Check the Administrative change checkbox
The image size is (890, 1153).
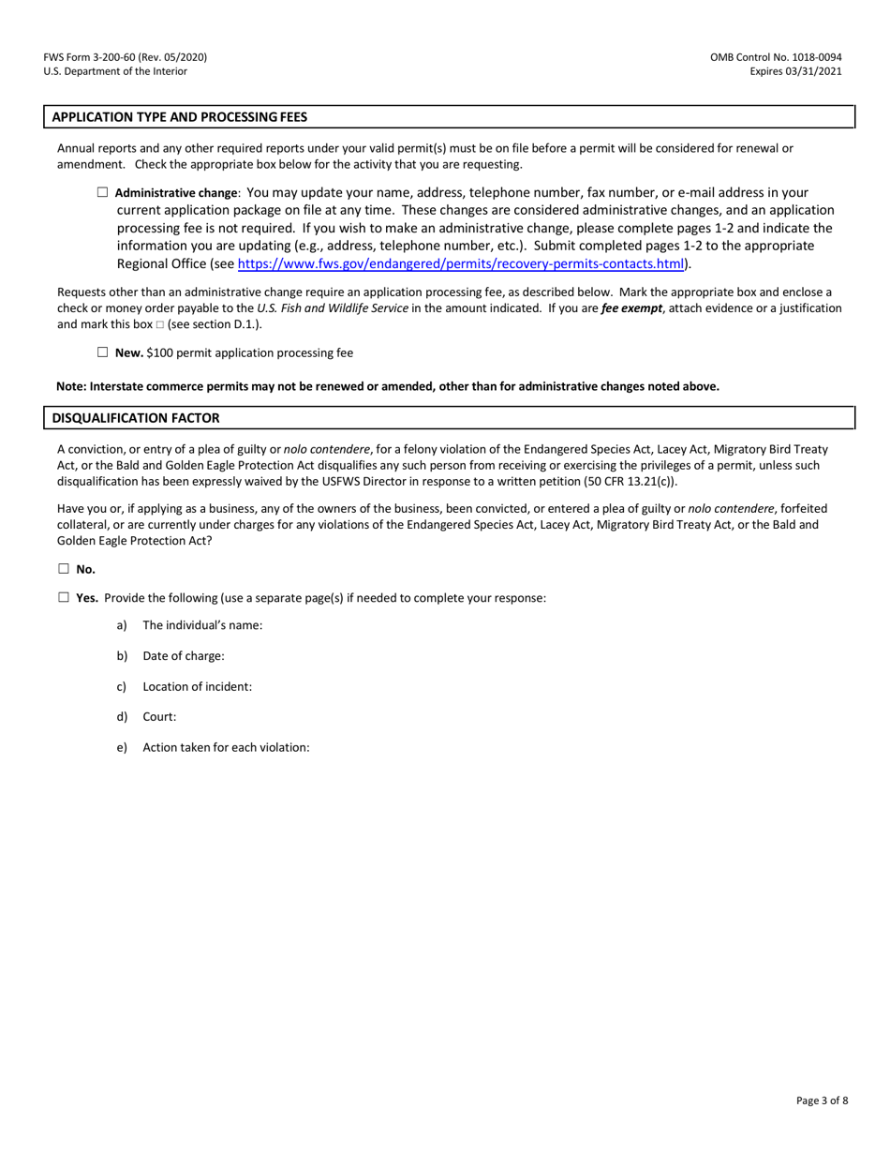(x=103, y=192)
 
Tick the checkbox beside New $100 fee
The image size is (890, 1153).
(x=103, y=352)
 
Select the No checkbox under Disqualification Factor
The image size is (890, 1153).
(x=64, y=568)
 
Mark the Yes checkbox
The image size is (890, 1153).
(x=64, y=597)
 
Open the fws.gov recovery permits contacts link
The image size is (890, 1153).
(x=460, y=263)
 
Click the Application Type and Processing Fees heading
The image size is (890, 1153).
(x=179, y=117)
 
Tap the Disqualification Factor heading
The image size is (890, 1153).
(x=136, y=418)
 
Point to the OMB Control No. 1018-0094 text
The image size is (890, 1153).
(x=776, y=57)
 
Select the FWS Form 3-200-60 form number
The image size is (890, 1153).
(x=125, y=57)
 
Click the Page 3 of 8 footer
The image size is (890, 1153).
(x=822, y=1101)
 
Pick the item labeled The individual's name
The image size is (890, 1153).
(x=202, y=625)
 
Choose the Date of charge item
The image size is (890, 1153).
(x=184, y=656)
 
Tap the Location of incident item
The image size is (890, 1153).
(x=197, y=686)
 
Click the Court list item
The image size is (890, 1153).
(x=159, y=717)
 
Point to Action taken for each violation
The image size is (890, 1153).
(x=226, y=747)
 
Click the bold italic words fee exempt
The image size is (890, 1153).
(x=631, y=308)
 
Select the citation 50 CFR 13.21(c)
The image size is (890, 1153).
(x=624, y=482)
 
